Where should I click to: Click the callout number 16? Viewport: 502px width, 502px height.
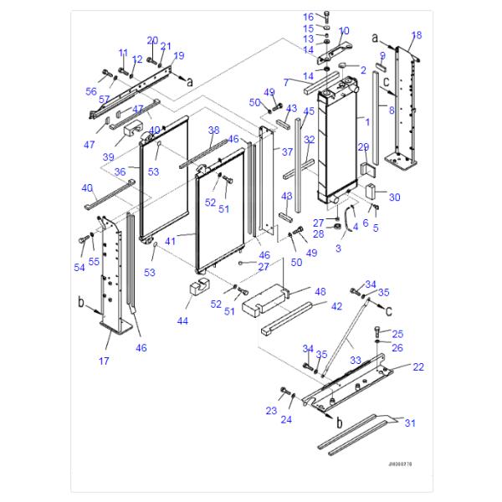point(308,17)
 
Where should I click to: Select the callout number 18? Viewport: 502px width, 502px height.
point(417,34)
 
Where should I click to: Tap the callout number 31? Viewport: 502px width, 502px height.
point(409,423)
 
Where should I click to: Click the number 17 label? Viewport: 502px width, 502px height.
point(105,361)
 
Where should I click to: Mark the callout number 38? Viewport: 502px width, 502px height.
point(213,131)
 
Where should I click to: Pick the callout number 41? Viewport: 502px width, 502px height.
point(171,240)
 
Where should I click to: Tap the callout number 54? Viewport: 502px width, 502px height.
point(79,267)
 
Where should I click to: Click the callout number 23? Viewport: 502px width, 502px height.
point(270,411)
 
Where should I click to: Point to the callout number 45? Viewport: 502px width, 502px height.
point(309,111)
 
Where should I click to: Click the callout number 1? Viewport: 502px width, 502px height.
point(365,122)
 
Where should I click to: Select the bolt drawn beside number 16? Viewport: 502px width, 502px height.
point(325,16)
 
